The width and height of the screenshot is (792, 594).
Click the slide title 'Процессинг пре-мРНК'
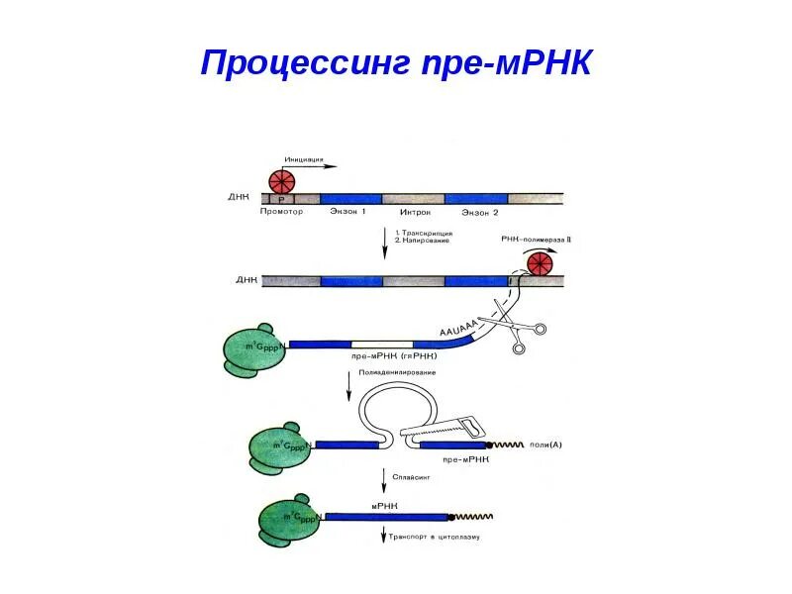pyautogui.click(x=396, y=61)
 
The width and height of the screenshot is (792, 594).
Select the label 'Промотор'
pyautogui.click(x=280, y=212)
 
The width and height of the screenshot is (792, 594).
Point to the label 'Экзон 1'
pyautogui.click(x=347, y=212)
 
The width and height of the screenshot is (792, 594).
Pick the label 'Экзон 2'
pyautogui.click(x=481, y=212)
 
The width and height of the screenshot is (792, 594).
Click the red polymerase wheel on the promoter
pyautogui.click(x=282, y=182)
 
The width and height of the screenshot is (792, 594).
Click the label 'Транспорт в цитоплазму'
pyautogui.click(x=437, y=537)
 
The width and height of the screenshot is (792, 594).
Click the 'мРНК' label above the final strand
pyautogui.click(x=384, y=506)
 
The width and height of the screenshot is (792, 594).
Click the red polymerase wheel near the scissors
pyautogui.click(x=541, y=264)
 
